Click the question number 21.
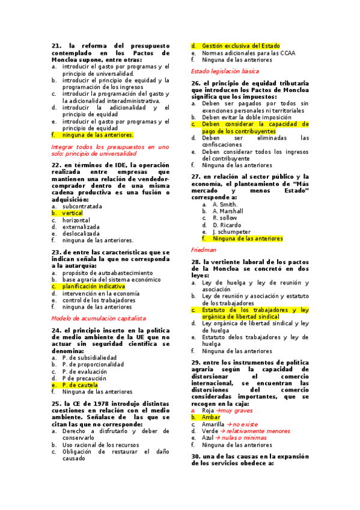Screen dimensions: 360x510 click(56, 46)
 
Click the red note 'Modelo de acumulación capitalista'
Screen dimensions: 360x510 click(99, 318)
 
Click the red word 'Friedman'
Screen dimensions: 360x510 click(203, 249)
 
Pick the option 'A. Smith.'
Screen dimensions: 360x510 click(225, 204)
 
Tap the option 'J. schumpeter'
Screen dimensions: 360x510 click(231, 231)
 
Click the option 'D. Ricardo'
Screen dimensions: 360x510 click(227, 224)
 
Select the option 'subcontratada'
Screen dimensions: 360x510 click(82, 206)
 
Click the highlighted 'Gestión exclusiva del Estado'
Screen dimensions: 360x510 click(241, 46)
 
